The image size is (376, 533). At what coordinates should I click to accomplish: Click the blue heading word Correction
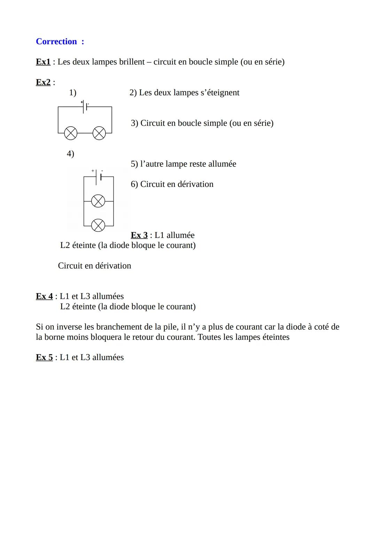56,42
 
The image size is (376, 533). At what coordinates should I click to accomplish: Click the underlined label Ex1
43,62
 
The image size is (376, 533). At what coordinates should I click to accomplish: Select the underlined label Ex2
43,82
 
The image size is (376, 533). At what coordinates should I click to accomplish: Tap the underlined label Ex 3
139,235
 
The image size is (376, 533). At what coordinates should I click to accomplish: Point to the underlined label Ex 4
44,296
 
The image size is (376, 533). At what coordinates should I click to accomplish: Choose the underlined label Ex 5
44,357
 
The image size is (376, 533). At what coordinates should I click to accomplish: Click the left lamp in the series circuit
71,133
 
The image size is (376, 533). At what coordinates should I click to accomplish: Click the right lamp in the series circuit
99,133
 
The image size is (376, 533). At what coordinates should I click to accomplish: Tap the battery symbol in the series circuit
85,107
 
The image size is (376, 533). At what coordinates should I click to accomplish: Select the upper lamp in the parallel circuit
98,201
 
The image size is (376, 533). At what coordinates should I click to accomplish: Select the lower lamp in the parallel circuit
98,225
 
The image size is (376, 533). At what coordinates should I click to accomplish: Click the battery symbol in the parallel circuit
98,177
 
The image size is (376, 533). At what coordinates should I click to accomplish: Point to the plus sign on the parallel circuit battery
93,171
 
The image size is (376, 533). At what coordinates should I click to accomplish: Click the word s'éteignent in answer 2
220,93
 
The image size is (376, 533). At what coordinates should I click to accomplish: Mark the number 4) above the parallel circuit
70,154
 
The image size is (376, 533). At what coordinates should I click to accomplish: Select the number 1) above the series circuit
72,93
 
